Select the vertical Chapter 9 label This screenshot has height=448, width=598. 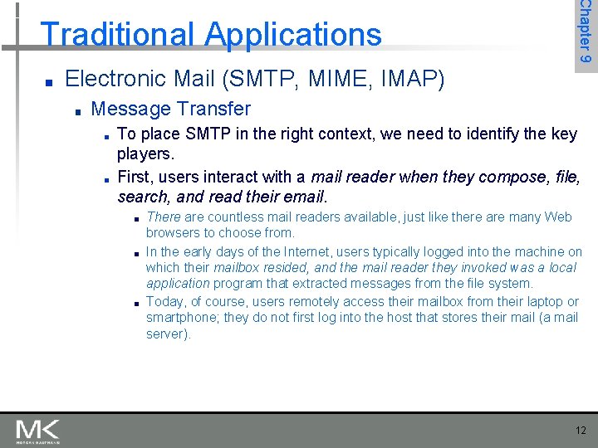coord(586,33)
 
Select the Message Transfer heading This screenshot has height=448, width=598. coord(170,109)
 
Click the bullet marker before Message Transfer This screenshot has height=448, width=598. coord(76,110)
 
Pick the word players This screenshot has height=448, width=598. coord(145,154)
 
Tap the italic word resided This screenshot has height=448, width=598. coord(282,267)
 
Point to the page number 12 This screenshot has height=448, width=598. coord(580,430)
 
